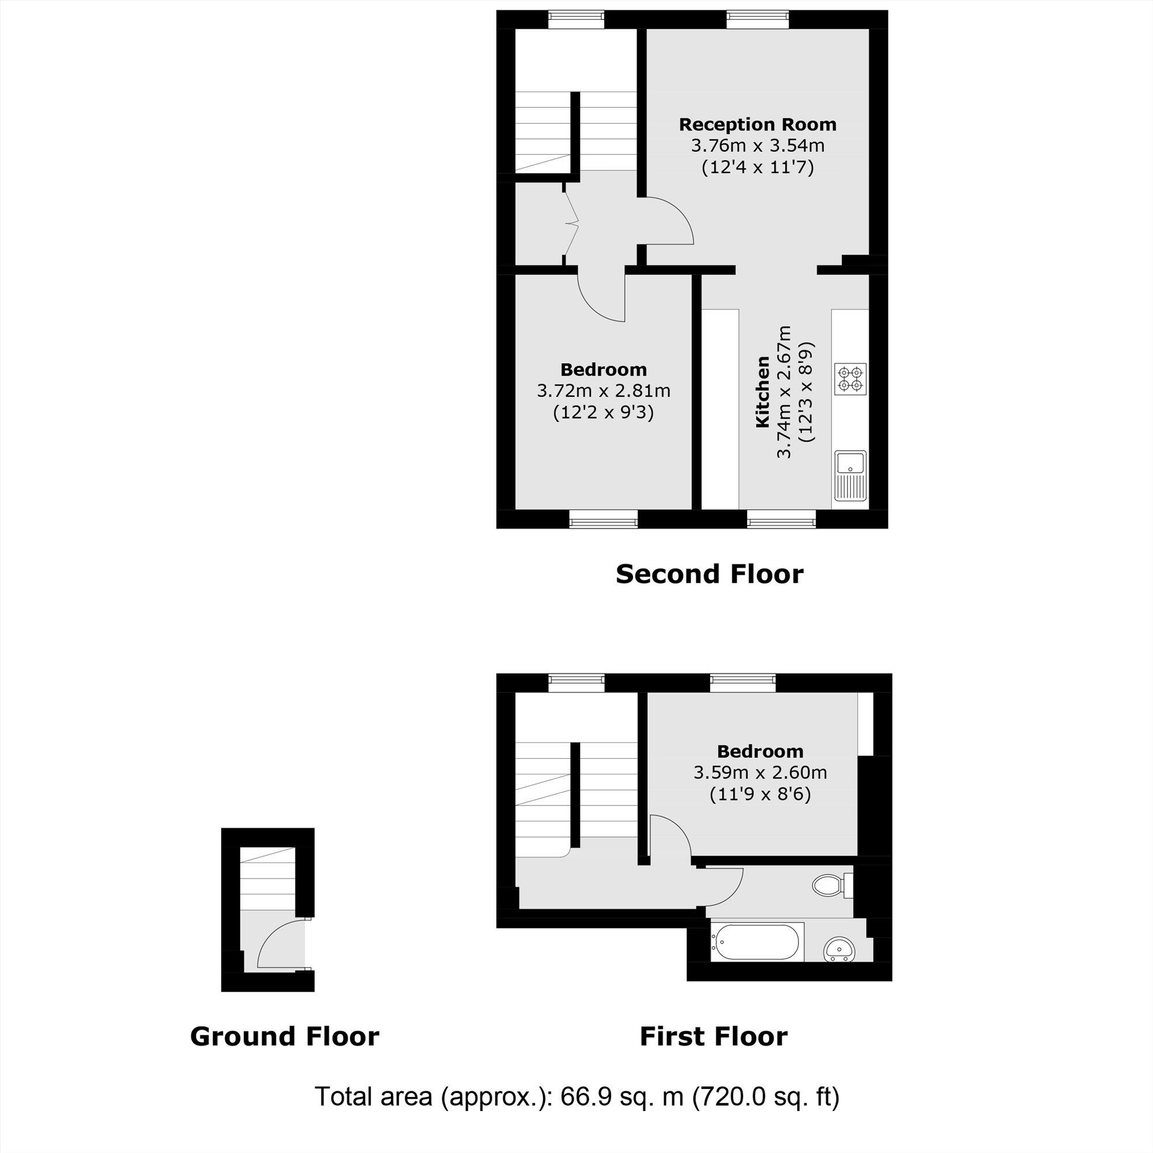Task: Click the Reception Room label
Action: (x=758, y=125)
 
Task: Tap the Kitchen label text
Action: (x=762, y=392)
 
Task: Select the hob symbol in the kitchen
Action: (x=851, y=379)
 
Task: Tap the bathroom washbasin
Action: (x=839, y=949)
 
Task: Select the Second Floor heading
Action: (x=709, y=574)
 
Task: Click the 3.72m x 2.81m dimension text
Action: (x=604, y=391)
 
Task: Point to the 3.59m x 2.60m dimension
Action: (x=760, y=773)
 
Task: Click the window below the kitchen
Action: (x=781, y=519)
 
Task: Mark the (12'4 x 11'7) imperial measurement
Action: (x=758, y=167)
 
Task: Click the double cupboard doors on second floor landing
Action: (x=570, y=224)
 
